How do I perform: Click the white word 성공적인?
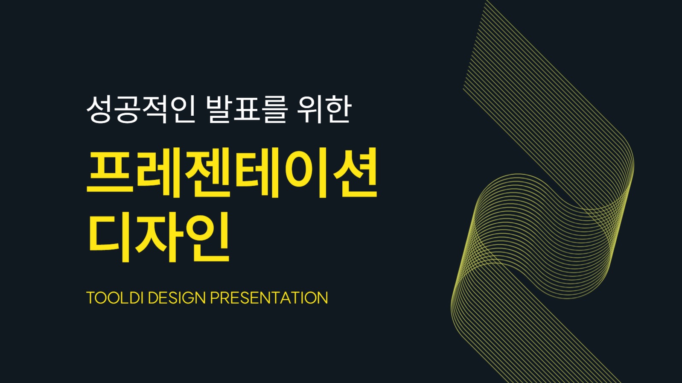[x=141, y=109]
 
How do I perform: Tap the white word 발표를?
[x=246, y=109]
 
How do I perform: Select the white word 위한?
[x=325, y=109]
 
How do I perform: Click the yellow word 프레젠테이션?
[x=232, y=173]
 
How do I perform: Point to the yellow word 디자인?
[x=159, y=237]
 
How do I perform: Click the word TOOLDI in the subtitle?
[x=114, y=298]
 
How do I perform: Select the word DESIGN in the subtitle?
[x=177, y=298]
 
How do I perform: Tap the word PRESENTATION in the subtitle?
[x=269, y=298]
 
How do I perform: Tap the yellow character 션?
[x=355, y=173]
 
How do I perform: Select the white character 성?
[x=100, y=109]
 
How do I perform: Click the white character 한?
[x=338, y=109]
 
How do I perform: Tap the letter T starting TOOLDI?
[x=91, y=298]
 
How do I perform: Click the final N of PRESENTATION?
[x=322, y=298]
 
